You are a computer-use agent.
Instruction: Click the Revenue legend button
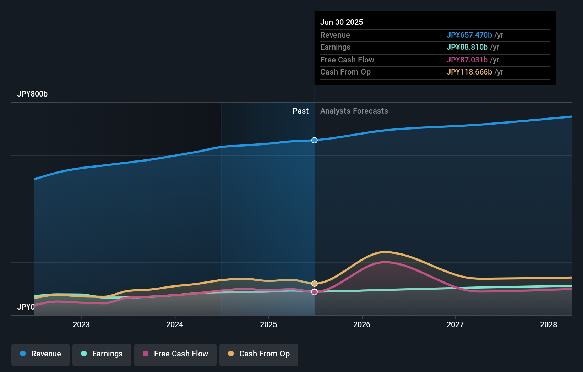pos(40,354)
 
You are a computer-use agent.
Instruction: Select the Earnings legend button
pos(102,354)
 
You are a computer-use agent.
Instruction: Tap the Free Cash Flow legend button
pos(175,354)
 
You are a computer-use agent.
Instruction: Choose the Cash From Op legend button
pos(259,354)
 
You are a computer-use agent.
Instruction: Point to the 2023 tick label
pos(81,324)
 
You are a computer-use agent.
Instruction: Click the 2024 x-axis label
pos(175,324)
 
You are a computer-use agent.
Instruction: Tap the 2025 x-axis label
pos(268,324)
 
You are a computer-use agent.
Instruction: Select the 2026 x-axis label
pos(362,324)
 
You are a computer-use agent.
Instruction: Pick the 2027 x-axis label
pos(455,324)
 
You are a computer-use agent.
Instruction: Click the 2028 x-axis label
pos(549,324)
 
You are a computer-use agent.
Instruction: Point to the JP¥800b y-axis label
pos(32,94)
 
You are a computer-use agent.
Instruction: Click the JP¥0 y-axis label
pos(26,307)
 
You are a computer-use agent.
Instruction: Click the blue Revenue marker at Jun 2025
pos(315,140)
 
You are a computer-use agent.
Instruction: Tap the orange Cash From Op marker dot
pos(315,284)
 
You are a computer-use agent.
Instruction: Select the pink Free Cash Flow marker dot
pos(315,292)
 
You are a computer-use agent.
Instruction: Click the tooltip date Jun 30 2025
pos(342,22)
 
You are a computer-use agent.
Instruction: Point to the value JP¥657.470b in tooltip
pos(469,35)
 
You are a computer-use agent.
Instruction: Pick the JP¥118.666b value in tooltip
pos(469,72)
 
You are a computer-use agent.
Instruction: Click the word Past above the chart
pos(300,111)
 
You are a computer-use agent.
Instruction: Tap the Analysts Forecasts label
pos(354,111)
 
